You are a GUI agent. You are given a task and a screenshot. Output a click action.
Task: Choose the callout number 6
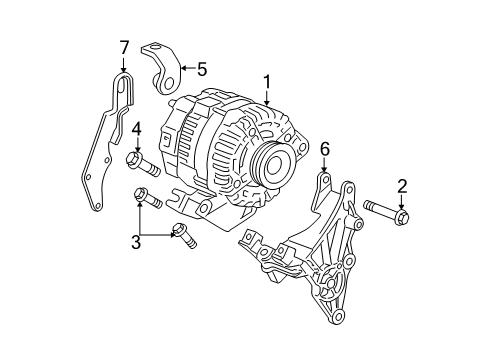coord(324,150)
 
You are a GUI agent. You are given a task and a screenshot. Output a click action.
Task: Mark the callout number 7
coord(124,47)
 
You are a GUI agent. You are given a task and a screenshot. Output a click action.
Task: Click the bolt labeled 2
coord(386,212)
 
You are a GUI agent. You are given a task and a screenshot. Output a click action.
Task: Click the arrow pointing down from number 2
coord(401,200)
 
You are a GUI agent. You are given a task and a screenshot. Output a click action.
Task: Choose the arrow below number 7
coord(124,65)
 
